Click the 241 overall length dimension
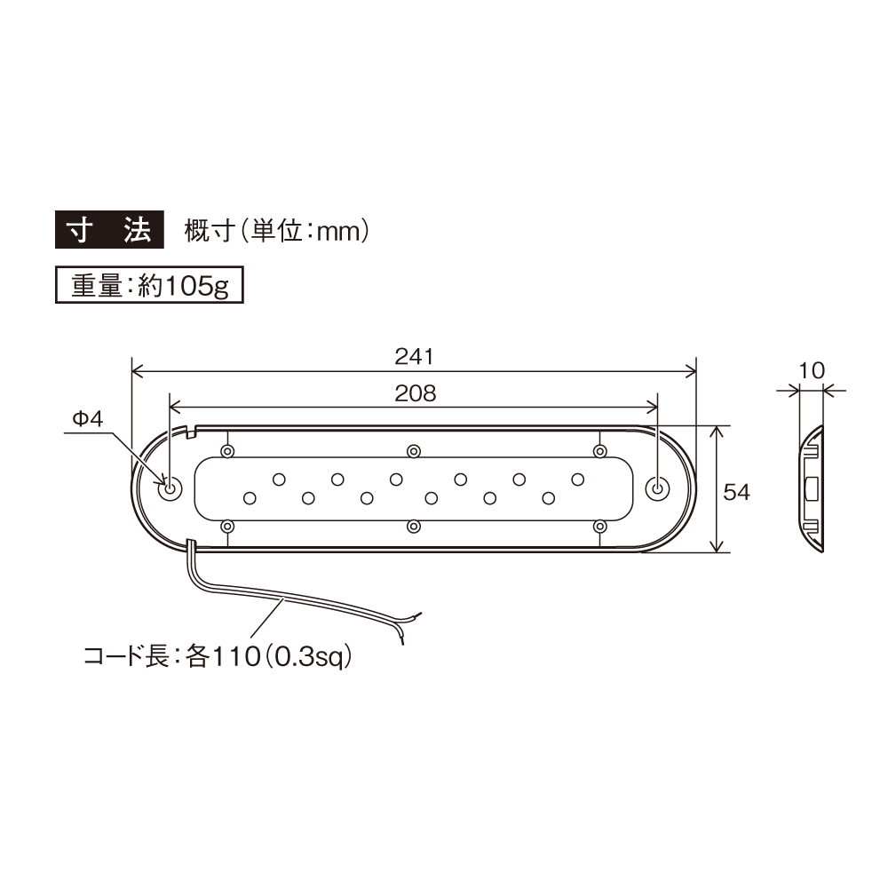(x=413, y=357)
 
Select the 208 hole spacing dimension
(x=414, y=393)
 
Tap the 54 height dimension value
(x=737, y=491)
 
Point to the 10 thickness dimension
(x=812, y=369)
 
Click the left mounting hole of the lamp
(x=168, y=488)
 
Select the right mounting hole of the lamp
(x=657, y=488)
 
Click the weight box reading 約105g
(x=149, y=286)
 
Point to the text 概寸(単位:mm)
(x=275, y=232)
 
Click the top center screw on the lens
(x=413, y=451)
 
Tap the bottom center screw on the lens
(x=413, y=527)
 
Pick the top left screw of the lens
(x=228, y=451)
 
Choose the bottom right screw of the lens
(x=599, y=527)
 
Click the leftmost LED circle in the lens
(x=250, y=497)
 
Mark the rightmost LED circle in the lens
(x=578, y=480)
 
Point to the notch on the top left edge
(x=192, y=432)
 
